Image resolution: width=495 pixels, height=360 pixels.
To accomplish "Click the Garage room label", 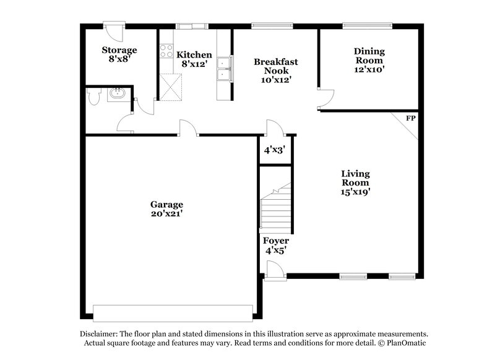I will pos(166,204).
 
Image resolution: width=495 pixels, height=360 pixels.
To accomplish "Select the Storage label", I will pos(119,49).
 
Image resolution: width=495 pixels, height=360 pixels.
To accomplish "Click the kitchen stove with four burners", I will pos(166,52).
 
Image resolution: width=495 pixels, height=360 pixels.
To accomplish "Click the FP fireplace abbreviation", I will pos(410,118).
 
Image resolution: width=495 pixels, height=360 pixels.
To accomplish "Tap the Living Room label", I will pos(355,178).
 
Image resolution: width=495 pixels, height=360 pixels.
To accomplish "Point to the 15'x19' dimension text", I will pos(355,192).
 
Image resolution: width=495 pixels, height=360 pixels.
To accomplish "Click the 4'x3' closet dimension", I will pos(273,150).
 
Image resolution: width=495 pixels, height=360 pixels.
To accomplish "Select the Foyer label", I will pos(275,241).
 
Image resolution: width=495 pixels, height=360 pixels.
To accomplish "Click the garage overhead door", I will pos(173,310).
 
